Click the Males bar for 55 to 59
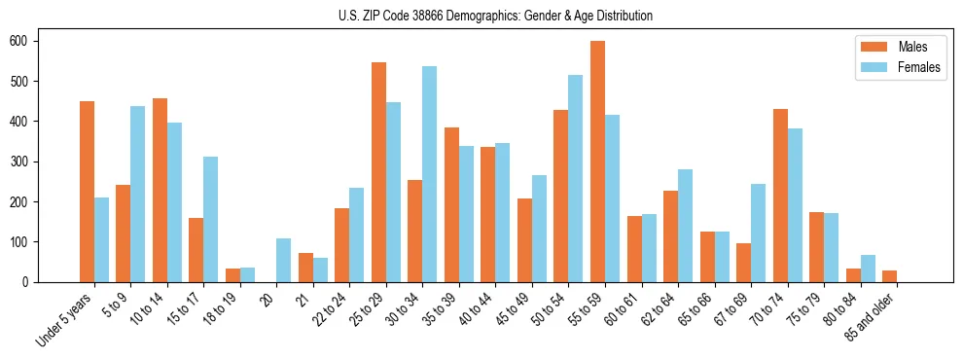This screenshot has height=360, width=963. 597,162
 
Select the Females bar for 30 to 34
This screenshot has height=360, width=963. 429,174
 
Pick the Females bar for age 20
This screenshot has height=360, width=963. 283,260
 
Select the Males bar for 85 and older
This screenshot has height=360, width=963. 889,276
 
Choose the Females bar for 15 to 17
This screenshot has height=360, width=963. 210,219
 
